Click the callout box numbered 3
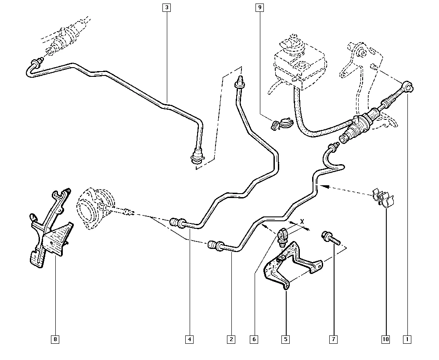coord(167,7)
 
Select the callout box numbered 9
coord(260,7)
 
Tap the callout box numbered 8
coord(55,339)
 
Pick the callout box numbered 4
coord(189,339)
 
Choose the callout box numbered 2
coord(231,339)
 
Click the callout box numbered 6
coord(254,339)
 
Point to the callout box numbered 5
coord(285,339)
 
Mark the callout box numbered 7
coord(334,339)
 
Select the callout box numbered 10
coord(386,339)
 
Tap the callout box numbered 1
coord(408,339)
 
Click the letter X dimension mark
coord(302,222)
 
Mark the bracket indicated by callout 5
coord(290,266)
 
